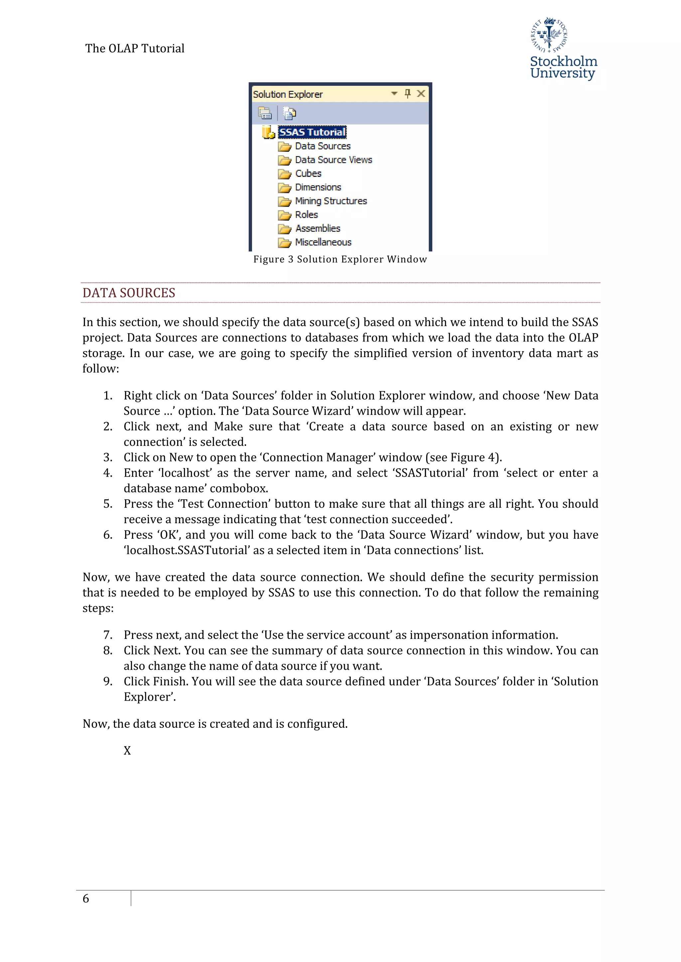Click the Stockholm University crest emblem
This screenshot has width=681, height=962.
pyautogui.click(x=549, y=35)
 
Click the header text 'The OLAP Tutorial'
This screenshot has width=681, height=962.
pyautogui.click(x=135, y=48)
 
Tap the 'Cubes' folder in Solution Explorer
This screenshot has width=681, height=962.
pyautogui.click(x=308, y=173)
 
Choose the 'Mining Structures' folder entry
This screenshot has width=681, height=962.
pyautogui.click(x=331, y=201)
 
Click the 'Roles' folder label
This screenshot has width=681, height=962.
pyautogui.click(x=306, y=215)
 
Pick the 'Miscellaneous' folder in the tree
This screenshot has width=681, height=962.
pyautogui.click(x=323, y=242)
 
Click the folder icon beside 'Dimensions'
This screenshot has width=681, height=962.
pyautogui.click(x=285, y=188)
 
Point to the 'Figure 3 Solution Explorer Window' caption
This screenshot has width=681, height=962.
pyautogui.click(x=340, y=259)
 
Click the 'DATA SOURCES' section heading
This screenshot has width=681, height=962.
pyautogui.click(x=129, y=293)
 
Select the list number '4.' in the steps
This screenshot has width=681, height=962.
pyautogui.click(x=108, y=473)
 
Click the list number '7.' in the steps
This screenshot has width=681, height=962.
pyautogui.click(x=108, y=635)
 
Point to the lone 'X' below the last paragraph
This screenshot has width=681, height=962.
pyautogui.click(x=127, y=751)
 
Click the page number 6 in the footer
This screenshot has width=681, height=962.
pyautogui.click(x=86, y=899)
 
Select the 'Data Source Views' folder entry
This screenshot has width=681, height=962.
pyautogui.click(x=334, y=160)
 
